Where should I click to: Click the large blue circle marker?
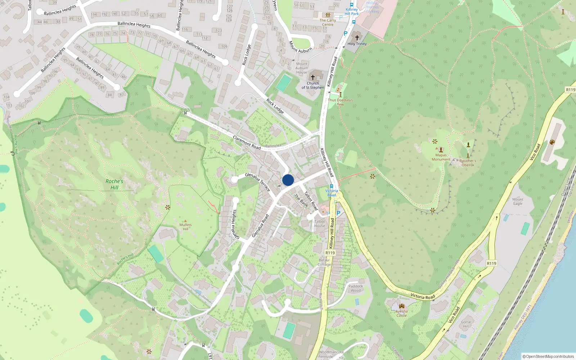(x=288, y=180)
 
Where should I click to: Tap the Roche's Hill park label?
(x=114, y=184)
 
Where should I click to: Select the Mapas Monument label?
(x=441, y=157)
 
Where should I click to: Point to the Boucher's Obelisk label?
(x=468, y=163)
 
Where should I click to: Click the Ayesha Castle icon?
(x=401, y=306)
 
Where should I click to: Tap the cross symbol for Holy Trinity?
(x=357, y=37)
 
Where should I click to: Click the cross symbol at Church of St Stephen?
(x=313, y=77)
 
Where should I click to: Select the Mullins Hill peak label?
(x=185, y=227)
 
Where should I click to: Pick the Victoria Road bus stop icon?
(x=332, y=186)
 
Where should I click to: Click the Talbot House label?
(x=320, y=224)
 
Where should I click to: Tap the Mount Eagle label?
(x=518, y=201)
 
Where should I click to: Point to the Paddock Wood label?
(x=356, y=288)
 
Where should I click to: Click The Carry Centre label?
(x=328, y=22)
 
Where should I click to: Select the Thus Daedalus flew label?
(x=340, y=102)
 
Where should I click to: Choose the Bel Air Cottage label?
(x=324, y=262)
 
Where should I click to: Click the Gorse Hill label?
(x=466, y=324)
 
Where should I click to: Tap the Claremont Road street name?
(x=247, y=143)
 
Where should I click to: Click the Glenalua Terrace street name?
(x=257, y=182)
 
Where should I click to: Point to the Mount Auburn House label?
(x=302, y=68)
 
